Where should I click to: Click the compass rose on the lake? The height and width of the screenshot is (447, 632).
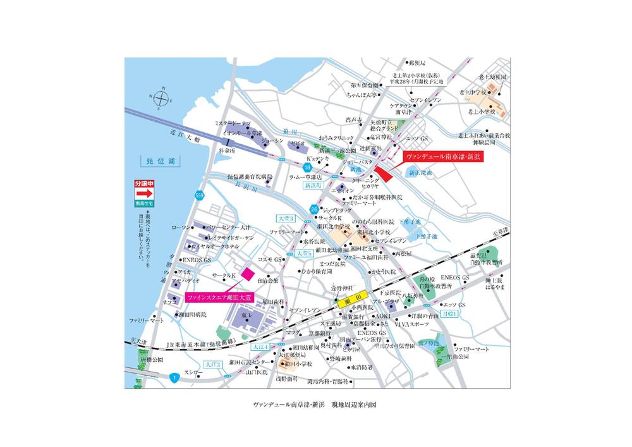coord(162,99)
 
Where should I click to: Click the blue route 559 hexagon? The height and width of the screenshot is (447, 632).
coord(200,195)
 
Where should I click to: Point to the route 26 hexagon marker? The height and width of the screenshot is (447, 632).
coord(314,209)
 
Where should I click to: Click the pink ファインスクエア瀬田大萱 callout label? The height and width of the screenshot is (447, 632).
coord(218,296)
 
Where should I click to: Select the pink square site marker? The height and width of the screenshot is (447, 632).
coord(248,274)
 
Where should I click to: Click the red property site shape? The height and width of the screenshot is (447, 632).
coord(382,170)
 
